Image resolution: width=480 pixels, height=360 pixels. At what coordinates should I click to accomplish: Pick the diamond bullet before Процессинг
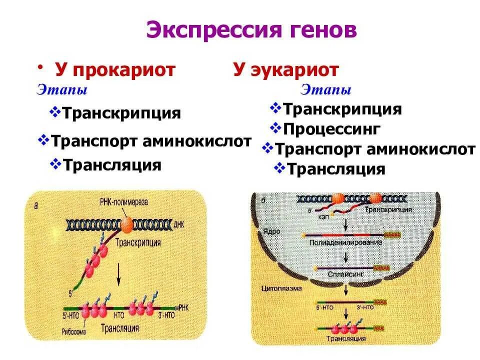pyautogui.click(x=276, y=128)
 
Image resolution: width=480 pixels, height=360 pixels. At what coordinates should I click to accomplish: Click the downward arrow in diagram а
pyautogui.click(x=118, y=273)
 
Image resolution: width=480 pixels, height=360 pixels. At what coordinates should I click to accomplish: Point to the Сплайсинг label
pyautogui.click(x=345, y=274)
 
